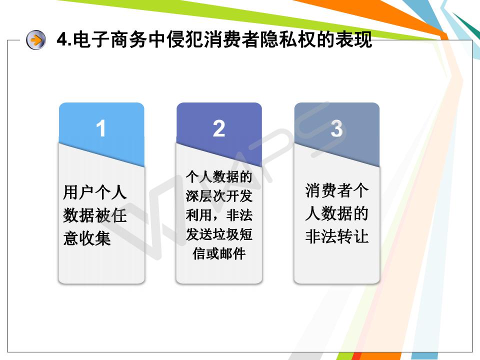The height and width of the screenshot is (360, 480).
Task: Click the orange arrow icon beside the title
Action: click(x=36, y=40)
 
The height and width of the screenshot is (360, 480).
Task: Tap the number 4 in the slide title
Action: click(x=62, y=39)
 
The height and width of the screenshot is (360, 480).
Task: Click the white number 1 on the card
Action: click(x=101, y=128)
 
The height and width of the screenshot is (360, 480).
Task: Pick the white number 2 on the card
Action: click(x=219, y=128)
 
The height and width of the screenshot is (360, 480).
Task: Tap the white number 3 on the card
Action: click(x=336, y=128)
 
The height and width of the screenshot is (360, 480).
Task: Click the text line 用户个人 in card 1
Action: click(x=94, y=192)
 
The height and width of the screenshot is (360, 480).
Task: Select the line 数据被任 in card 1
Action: click(x=94, y=215)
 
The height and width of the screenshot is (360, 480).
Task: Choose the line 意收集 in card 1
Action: click(x=86, y=238)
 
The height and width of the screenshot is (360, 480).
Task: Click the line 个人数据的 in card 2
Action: click(x=219, y=177)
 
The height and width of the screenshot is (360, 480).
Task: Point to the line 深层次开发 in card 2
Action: click(x=219, y=196)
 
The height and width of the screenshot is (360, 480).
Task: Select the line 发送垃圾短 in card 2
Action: click(x=219, y=234)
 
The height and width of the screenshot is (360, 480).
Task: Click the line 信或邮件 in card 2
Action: click(x=219, y=254)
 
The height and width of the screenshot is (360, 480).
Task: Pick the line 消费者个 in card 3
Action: click(x=336, y=190)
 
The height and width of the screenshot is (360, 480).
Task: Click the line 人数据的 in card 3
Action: click(x=336, y=213)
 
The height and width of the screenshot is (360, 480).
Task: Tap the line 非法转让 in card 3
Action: click(x=336, y=236)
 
